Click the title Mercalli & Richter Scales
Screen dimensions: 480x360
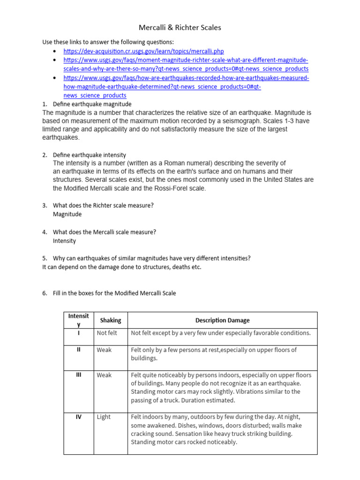180,28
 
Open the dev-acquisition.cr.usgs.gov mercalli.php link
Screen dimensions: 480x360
144,51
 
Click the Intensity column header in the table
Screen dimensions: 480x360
79,320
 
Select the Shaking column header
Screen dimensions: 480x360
111,320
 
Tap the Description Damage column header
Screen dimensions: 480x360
222,320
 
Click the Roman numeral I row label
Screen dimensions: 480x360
79,333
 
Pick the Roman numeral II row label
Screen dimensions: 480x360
79,350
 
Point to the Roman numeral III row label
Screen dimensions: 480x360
79,375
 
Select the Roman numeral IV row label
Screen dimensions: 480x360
79,417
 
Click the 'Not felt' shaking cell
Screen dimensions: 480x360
107,333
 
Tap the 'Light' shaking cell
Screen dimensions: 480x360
104,417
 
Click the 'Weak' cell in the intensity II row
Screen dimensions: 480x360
104,350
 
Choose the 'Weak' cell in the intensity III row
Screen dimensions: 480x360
104,375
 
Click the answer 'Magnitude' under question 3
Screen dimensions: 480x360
67,214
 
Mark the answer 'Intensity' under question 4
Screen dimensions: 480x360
64,241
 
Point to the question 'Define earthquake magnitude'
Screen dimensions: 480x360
92,104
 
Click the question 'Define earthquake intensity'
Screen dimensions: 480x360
89,155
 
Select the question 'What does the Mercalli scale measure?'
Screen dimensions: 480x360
104,232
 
